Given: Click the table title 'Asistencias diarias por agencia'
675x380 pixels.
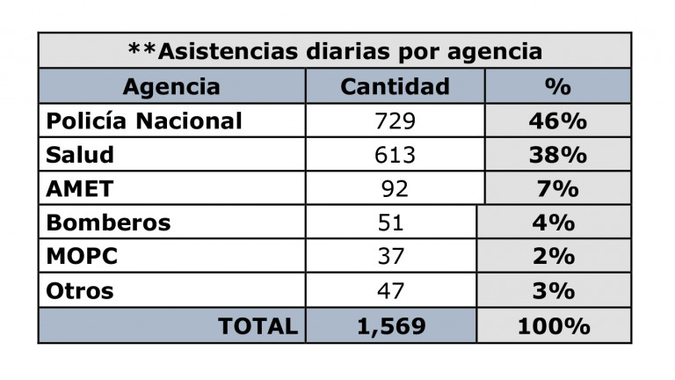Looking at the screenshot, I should pyautogui.click(x=335, y=51).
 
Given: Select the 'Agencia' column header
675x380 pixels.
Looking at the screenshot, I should pyautogui.click(x=171, y=86).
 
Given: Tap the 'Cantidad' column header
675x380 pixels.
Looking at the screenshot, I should pyautogui.click(x=395, y=86).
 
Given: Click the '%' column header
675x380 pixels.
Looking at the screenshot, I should pyautogui.click(x=557, y=86).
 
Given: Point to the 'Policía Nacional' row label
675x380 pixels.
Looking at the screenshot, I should pyautogui.click(x=143, y=121).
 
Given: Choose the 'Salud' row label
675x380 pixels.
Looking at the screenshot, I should pyautogui.click(x=80, y=155).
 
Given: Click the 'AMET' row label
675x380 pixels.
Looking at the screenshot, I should pyautogui.click(x=80, y=188).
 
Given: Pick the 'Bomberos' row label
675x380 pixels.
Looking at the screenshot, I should pyautogui.click(x=108, y=223).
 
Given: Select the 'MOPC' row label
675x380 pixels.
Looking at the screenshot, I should pyautogui.click(x=82, y=256).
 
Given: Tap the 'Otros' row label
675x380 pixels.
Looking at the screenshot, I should pyautogui.click(x=80, y=290).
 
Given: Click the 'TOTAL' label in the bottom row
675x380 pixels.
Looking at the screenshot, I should pyautogui.click(x=258, y=325).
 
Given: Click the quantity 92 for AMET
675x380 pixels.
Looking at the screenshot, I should pyautogui.click(x=395, y=188).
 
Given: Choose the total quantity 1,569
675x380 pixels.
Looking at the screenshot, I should pyautogui.click(x=391, y=325).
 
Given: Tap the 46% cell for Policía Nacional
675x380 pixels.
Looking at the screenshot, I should pyautogui.click(x=557, y=121).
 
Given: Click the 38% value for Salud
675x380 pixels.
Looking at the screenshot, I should pyautogui.click(x=557, y=155).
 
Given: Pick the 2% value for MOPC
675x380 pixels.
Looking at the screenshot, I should pyautogui.click(x=553, y=256).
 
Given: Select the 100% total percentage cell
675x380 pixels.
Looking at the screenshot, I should pyautogui.click(x=553, y=325).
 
